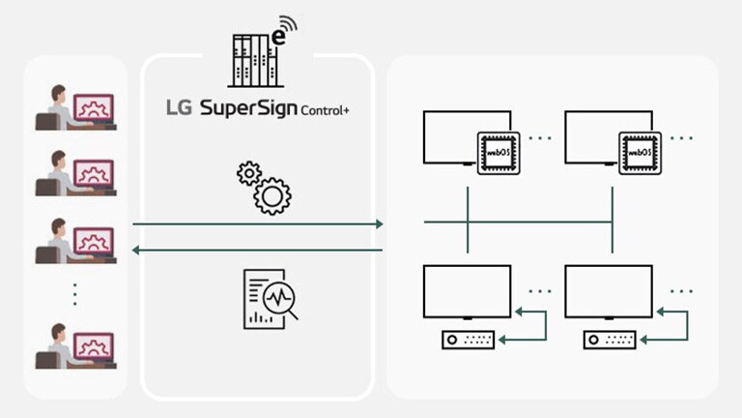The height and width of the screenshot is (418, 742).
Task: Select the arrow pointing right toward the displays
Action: (257, 224)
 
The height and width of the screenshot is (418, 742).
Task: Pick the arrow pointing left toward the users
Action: (257, 251)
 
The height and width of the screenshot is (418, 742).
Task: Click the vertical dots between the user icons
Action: (75, 293)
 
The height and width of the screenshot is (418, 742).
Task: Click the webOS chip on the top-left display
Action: (498, 152)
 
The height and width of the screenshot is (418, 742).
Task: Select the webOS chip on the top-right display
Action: (640, 152)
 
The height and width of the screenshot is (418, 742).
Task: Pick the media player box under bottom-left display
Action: (469, 340)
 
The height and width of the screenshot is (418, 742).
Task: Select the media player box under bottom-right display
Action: (610, 340)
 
